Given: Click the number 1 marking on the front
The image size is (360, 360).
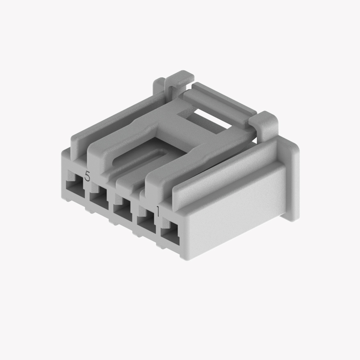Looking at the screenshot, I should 157,211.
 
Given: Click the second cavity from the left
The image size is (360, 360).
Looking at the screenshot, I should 98,200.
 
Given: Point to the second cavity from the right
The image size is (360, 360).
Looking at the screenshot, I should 146,224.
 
